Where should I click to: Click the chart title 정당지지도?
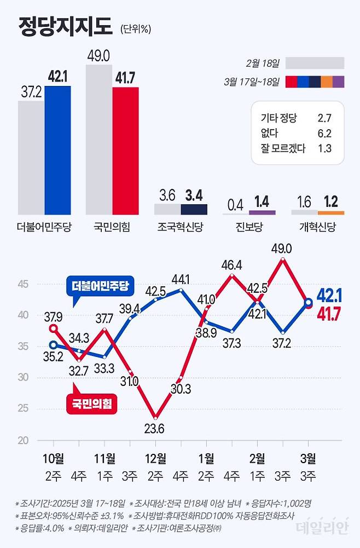tap(65, 26)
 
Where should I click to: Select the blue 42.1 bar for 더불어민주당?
tap(57, 151)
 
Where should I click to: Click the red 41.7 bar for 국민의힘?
tap(125, 151)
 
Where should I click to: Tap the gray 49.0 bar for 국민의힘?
tap(99, 140)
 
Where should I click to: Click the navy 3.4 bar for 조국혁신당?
tap(194, 209)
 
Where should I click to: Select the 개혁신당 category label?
tap(317, 226)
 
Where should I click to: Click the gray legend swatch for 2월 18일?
tap(315, 63)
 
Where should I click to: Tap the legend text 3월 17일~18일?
tap(252, 82)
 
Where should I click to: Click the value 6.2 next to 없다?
tap(324, 132)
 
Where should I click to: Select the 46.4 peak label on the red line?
tap(232, 266)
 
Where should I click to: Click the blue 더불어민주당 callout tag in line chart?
tap(99, 286)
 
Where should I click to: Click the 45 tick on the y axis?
tap(23, 284)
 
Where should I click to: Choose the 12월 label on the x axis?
tap(155, 458)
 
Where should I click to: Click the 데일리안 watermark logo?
tap(322, 527)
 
